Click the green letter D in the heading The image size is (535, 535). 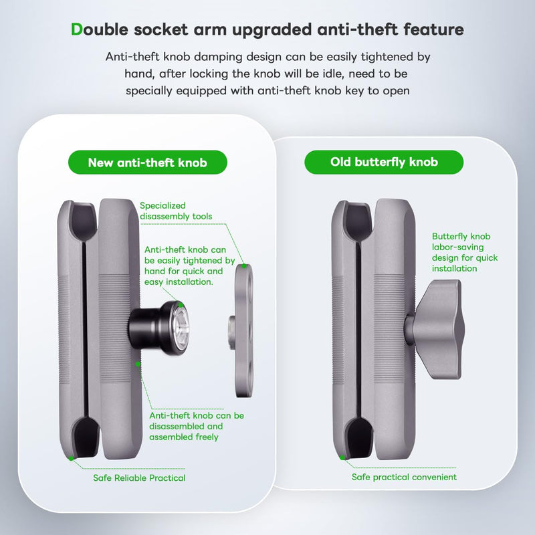[76, 29]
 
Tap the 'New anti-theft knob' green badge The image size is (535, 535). [148, 163]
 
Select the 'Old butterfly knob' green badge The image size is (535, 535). [384, 162]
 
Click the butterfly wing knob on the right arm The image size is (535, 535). [435, 329]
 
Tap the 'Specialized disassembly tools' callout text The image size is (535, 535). [176, 211]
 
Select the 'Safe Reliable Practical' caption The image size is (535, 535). [139, 477]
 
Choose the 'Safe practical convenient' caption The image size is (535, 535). [404, 477]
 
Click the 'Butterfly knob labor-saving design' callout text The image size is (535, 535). [465, 252]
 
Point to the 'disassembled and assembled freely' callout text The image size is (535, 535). [197, 426]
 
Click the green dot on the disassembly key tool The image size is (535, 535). [244, 265]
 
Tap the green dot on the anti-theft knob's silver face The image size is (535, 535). [181, 305]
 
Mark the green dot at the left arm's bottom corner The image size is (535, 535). [71, 458]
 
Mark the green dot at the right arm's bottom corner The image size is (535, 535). [342, 457]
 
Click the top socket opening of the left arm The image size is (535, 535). [84, 219]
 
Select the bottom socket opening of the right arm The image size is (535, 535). [359, 436]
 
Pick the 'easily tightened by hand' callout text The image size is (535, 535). [190, 265]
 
